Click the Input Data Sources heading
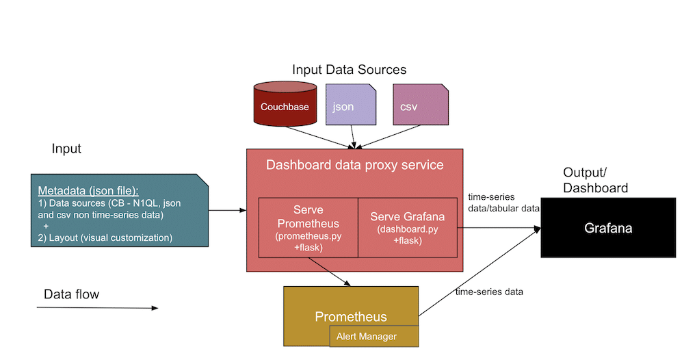pyautogui.click(x=349, y=70)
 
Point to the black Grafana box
pyautogui.click(x=607, y=228)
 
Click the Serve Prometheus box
pyautogui.click(x=308, y=228)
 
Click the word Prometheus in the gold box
pyautogui.click(x=350, y=317)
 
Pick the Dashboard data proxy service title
pyautogui.click(x=354, y=165)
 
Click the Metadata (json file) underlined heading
pyautogui.click(x=88, y=190)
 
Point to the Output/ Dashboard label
pyautogui.click(x=595, y=179)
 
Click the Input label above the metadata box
pyautogui.click(x=66, y=149)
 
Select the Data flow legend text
pyautogui.click(x=71, y=294)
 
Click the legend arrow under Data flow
pyautogui.click(x=96, y=308)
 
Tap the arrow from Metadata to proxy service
pyautogui.click(x=228, y=210)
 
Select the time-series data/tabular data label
pyautogui.click(x=503, y=203)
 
